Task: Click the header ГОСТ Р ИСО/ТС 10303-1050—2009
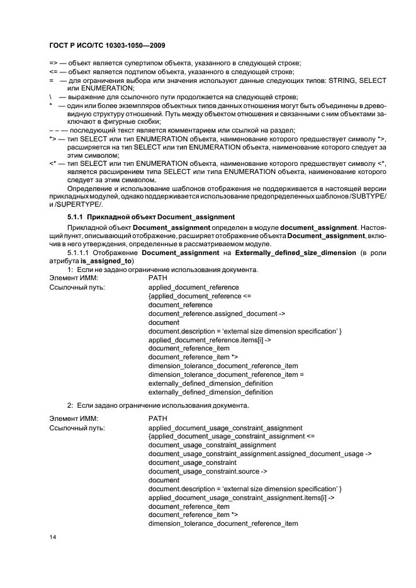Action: click(x=107, y=46)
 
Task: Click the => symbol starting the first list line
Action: click(x=53, y=63)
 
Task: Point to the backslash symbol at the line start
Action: click(x=50, y=97)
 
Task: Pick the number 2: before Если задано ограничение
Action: click(x=71, y=404)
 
